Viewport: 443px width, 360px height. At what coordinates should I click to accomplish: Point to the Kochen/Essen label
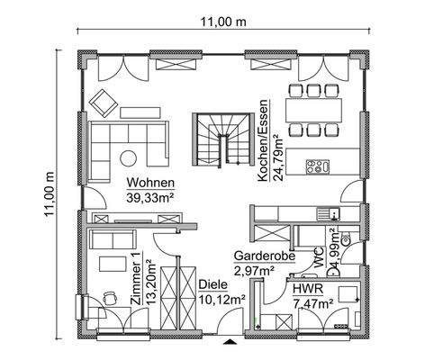point(264,141)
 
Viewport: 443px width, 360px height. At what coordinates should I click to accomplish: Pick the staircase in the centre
point(216,137)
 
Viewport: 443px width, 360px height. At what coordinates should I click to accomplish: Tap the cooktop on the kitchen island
point(318,166)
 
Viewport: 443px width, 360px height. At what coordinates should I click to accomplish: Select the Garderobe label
point(260,255)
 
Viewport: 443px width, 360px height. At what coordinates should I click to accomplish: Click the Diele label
point(212,283)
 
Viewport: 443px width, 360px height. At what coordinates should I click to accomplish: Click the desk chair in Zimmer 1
point(109,297)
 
